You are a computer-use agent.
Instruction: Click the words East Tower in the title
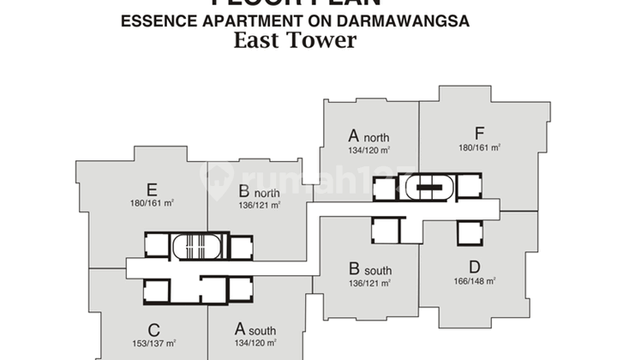[296, 40]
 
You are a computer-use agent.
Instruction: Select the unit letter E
[151, 189]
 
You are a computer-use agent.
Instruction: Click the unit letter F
[479, 133]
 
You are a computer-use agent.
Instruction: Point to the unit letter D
[479, 266]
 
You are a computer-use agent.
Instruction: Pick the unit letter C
[153, 328]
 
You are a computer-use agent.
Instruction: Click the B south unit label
[369, 269]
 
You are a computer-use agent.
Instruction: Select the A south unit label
[255, 329]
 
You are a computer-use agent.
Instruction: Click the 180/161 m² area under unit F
[479, 147]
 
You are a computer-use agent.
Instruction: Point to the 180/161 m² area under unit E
[151, 204]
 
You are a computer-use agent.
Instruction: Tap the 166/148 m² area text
[479, 280]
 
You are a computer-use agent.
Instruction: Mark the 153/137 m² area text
[153, 343]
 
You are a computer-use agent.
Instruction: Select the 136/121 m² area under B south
[369, 283]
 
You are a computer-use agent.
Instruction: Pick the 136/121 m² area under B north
[259, 205]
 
